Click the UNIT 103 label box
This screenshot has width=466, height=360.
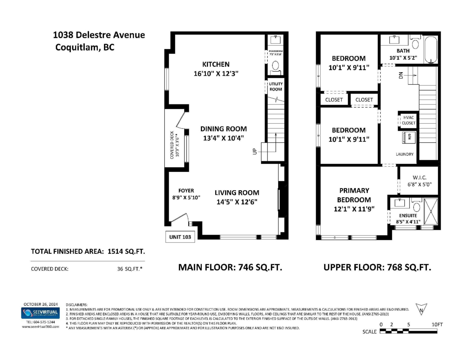(181, 237)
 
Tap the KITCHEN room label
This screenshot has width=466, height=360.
(216, 64)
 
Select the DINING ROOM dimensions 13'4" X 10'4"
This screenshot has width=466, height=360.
(223, 137)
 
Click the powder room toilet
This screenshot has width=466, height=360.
(276, 66)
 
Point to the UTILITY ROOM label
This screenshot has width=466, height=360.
(276, 87)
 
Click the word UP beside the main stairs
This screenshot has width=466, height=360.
(255, 152)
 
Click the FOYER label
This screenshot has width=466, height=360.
(186, 190)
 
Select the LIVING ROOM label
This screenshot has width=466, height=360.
(237, 193)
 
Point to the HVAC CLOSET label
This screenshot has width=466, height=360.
(409, 120)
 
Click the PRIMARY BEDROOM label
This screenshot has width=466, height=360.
(354, 195)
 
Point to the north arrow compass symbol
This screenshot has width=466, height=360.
(421, 309)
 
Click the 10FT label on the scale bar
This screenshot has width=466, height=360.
(437, 324)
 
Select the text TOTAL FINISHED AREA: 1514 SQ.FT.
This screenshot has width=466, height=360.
(88, 252)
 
